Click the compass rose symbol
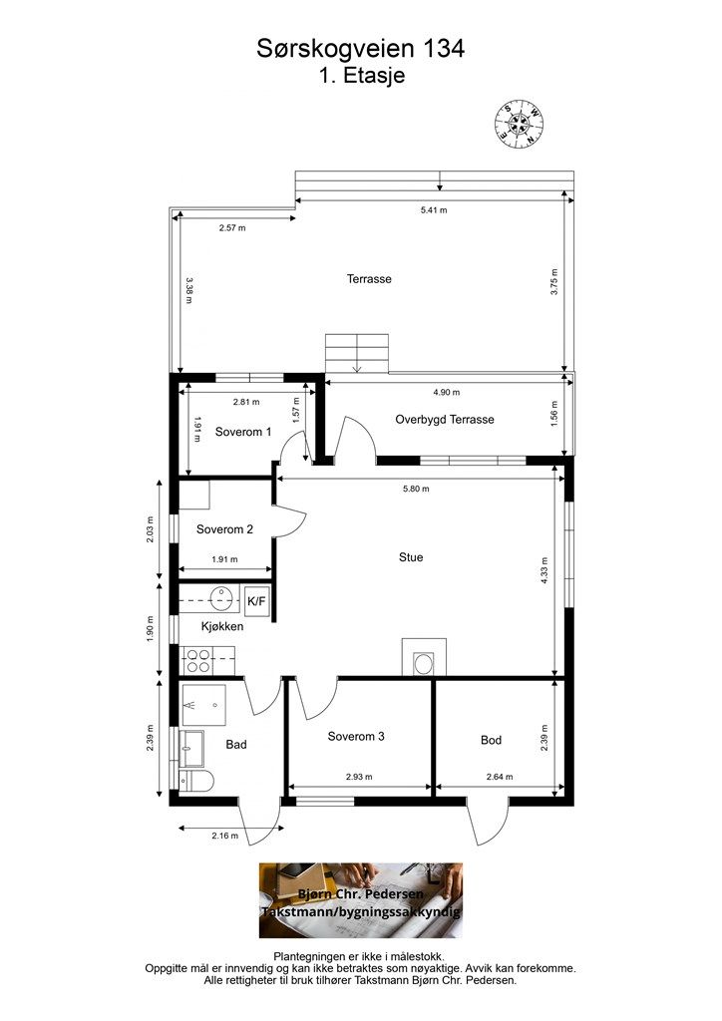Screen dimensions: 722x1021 (x=519, y=123)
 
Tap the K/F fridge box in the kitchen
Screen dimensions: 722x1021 (x=257, y=600)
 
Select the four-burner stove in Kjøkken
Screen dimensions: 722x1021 (x=197, y=661)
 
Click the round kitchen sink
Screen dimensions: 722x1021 (x=222, y=598)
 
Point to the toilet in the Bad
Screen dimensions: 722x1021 (x=196, y=780)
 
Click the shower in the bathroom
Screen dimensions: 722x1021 (x=203, y=705)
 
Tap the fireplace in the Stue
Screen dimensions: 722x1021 (x=424, y=658)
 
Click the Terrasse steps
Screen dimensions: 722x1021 (x=357, y=354)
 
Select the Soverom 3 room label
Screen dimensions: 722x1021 (x=356, y=737)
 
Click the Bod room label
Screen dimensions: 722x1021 (x=491, y=740)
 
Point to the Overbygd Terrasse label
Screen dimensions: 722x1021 (x=445, y=420)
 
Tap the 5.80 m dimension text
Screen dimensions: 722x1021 (x=416, y=489)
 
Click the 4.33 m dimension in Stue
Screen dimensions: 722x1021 (x=544, y=569)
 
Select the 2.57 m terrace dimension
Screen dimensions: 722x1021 (x=232, y=228)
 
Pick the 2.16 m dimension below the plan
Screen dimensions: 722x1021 (x=224, y=836)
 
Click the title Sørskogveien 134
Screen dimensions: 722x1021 (x=361, y=49)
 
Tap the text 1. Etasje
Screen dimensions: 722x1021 (x=362, y=75)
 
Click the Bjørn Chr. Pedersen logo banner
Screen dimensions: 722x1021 (x=361, y=900)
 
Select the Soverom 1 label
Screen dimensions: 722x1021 (x=243, y=432)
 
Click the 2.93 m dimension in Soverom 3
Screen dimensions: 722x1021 (x=359, y=777)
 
